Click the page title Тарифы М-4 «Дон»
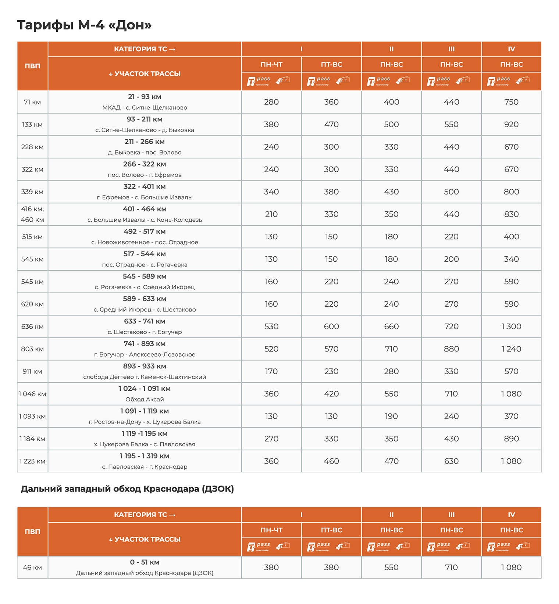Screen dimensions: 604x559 click(x=84, y=25)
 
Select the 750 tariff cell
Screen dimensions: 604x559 click(x=511, y=102)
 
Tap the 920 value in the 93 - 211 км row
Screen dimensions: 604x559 click(x=511, y=124)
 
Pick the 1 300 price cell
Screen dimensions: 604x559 click(x=511, y=326)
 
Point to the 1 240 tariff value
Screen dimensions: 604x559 click(x=511, y=349)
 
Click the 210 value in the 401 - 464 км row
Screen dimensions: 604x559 click(x=271, y=214)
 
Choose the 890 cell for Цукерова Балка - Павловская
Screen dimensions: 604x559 click(x=511, y=439)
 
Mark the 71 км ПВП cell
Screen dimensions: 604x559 click(x=32, y=102)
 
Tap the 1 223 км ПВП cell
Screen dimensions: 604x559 click(x=32, y=461)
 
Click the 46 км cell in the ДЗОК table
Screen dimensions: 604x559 click(x=32, y=567)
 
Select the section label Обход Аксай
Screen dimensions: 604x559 click(x=145, y=399)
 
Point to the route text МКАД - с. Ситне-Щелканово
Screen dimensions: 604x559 click(x=145, y=108)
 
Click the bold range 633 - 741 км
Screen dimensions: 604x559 click(x=145, y=321)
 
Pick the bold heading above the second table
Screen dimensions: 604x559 click(x=127, y=489)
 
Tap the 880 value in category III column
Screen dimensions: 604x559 click(x=451, y=349)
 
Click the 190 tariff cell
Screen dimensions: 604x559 click(x=391, y=416)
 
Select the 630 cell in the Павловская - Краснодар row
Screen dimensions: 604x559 click(x=451, y=461)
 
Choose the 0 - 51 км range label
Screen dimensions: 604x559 click(x=145, y=562)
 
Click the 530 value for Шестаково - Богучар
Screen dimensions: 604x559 click(x=271, y=326)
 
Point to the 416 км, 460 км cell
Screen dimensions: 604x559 click(x=32, y=214)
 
